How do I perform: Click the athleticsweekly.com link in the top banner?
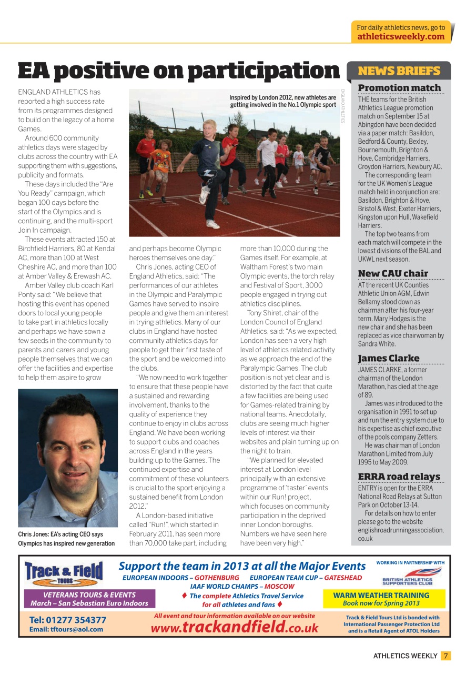401,36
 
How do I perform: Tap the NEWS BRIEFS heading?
399,71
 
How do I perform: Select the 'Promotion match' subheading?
399,88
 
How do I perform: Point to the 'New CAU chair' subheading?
393,273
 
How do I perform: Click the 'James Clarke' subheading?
389,358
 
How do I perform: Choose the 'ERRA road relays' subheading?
399,477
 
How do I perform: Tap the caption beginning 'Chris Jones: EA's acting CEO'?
66,539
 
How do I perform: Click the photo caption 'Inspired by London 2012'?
282,101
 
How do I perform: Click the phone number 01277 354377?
68,620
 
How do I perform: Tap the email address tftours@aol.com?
66,629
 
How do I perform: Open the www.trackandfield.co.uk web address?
235,627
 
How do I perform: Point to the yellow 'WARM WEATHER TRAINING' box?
381,599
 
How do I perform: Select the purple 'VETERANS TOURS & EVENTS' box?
89,599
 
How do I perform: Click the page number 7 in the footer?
445,656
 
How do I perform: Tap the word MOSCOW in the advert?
280,586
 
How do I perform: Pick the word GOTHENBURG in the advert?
217,578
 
